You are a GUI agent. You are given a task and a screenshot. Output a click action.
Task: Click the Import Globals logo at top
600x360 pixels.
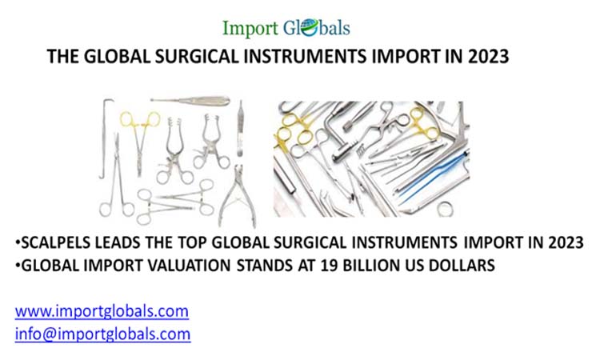tap(286, 28)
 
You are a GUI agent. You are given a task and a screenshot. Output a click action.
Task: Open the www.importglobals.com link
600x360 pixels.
tap(102, 310)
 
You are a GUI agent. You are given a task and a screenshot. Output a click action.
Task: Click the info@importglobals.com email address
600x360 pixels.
tap(102, 333)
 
